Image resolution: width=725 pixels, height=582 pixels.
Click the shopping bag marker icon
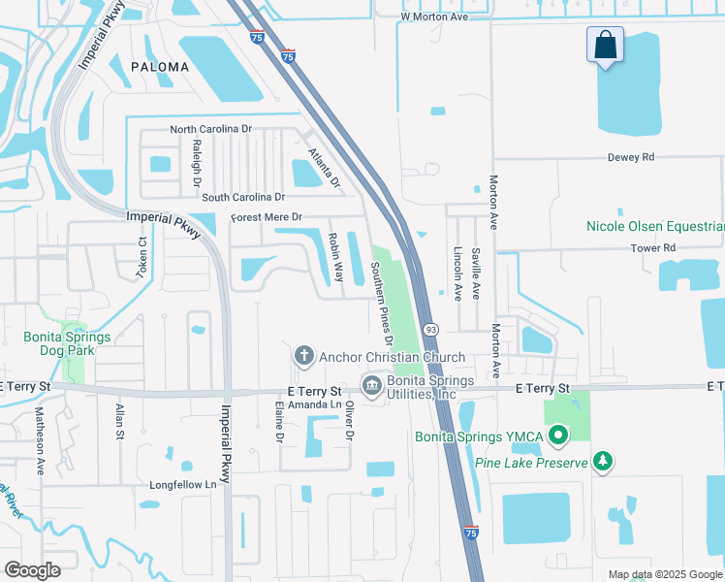tap(605, 47)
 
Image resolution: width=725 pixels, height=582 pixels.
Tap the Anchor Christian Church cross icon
tap(303, 356)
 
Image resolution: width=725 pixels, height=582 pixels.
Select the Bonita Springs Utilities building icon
tap(371, 386)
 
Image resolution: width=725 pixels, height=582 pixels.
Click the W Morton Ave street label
tap(434, 17)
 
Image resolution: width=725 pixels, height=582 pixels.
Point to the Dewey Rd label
tap(631, 157)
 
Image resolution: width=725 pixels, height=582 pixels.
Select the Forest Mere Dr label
tap(267, 217)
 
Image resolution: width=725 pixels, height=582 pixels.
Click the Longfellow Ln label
tap(181, 484)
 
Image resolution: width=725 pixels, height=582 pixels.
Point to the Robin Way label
tap(334, 257)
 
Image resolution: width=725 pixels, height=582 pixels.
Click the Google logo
tap(33, 569)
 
